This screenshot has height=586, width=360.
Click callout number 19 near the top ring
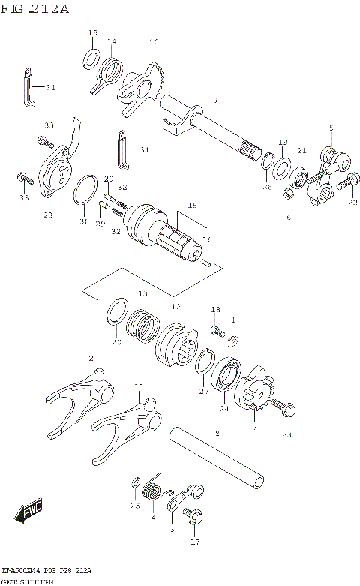point(93,33)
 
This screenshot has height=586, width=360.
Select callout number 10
point(154,42)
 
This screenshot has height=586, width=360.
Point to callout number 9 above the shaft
point(214,100)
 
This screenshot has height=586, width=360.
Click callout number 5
point(331,128)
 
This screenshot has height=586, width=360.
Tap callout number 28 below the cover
point(47,215)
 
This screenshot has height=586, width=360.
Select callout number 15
point(192,204)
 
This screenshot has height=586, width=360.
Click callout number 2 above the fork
point(91,359)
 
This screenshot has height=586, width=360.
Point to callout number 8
point(217,433)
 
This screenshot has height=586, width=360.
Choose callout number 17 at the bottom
point(196,541)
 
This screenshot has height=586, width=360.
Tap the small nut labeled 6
point(288,197)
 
